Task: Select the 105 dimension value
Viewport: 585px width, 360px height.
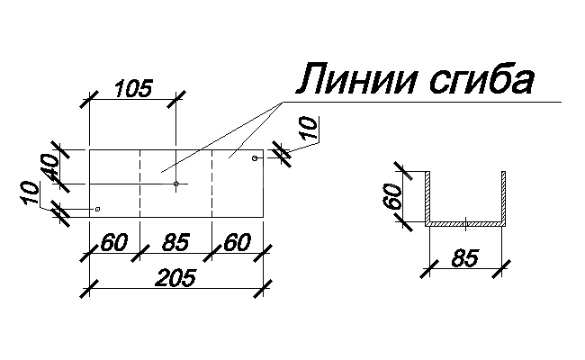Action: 134,87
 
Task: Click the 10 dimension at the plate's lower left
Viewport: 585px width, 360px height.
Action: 31,193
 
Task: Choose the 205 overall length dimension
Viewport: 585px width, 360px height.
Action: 175,279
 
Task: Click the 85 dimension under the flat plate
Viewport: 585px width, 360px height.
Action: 175,243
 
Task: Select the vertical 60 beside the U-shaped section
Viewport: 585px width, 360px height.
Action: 392,194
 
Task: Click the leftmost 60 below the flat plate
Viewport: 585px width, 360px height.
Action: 114,243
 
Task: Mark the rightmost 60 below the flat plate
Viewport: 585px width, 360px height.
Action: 236,243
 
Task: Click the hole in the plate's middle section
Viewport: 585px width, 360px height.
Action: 176,184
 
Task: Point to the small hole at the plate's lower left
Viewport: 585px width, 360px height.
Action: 97,209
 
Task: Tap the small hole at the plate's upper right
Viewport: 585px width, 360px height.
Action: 256,158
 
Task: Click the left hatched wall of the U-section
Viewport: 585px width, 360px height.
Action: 429,196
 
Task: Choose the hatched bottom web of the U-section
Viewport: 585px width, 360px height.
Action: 464,222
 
